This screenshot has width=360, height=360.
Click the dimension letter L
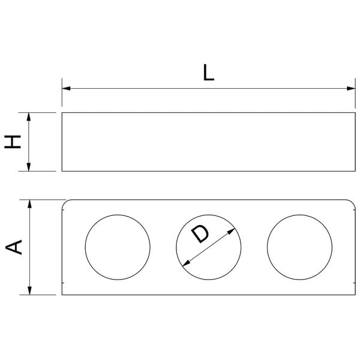tap(209, 73)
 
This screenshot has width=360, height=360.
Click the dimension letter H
tap(13, 142)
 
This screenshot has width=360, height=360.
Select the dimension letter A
tap(14, 247)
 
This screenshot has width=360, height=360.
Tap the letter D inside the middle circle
tap(200, 234)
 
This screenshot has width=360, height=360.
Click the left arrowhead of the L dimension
tap(66, 88)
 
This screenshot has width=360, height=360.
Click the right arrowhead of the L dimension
tap(351, 88)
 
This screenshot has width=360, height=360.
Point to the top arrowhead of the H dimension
tap(29, 117)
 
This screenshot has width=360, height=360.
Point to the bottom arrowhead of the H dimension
tap(29, 167)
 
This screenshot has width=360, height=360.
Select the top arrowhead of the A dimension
tap(29, 204)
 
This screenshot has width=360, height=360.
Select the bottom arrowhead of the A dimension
tap(29, 290)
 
